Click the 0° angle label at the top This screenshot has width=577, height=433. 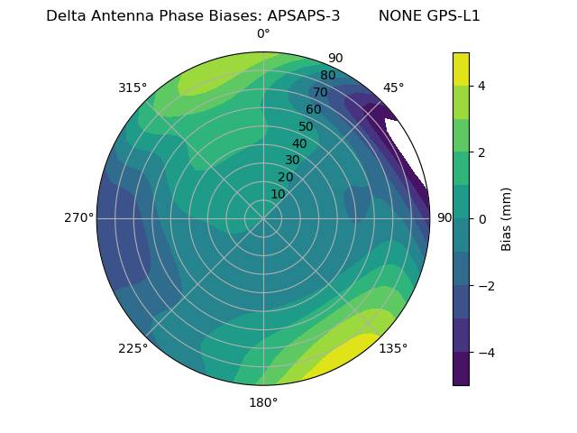point(263,34)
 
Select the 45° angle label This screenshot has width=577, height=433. point(393,88)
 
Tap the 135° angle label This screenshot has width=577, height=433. point(393,348)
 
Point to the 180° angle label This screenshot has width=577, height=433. point(263,402)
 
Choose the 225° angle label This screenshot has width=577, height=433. point(133,348)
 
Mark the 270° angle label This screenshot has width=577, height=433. point(78,218)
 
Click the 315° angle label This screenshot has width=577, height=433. point(133,88)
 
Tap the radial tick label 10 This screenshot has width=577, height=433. point(278,194)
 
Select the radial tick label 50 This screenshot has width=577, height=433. point(307,126)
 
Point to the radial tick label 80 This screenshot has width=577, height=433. point(327,76)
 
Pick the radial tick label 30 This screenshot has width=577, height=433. point(292,161)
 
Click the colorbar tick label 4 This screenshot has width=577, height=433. point(482,86)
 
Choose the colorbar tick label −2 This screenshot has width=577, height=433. point(486,286)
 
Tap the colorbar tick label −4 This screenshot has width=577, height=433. point(486,353)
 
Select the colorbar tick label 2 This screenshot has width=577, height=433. point(482,152)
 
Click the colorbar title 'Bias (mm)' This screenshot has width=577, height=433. point(507,218)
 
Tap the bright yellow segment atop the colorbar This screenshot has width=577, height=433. point(461,69)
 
